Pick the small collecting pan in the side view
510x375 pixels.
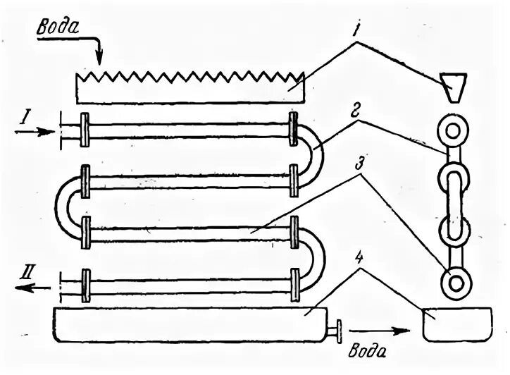tap(454, 324)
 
